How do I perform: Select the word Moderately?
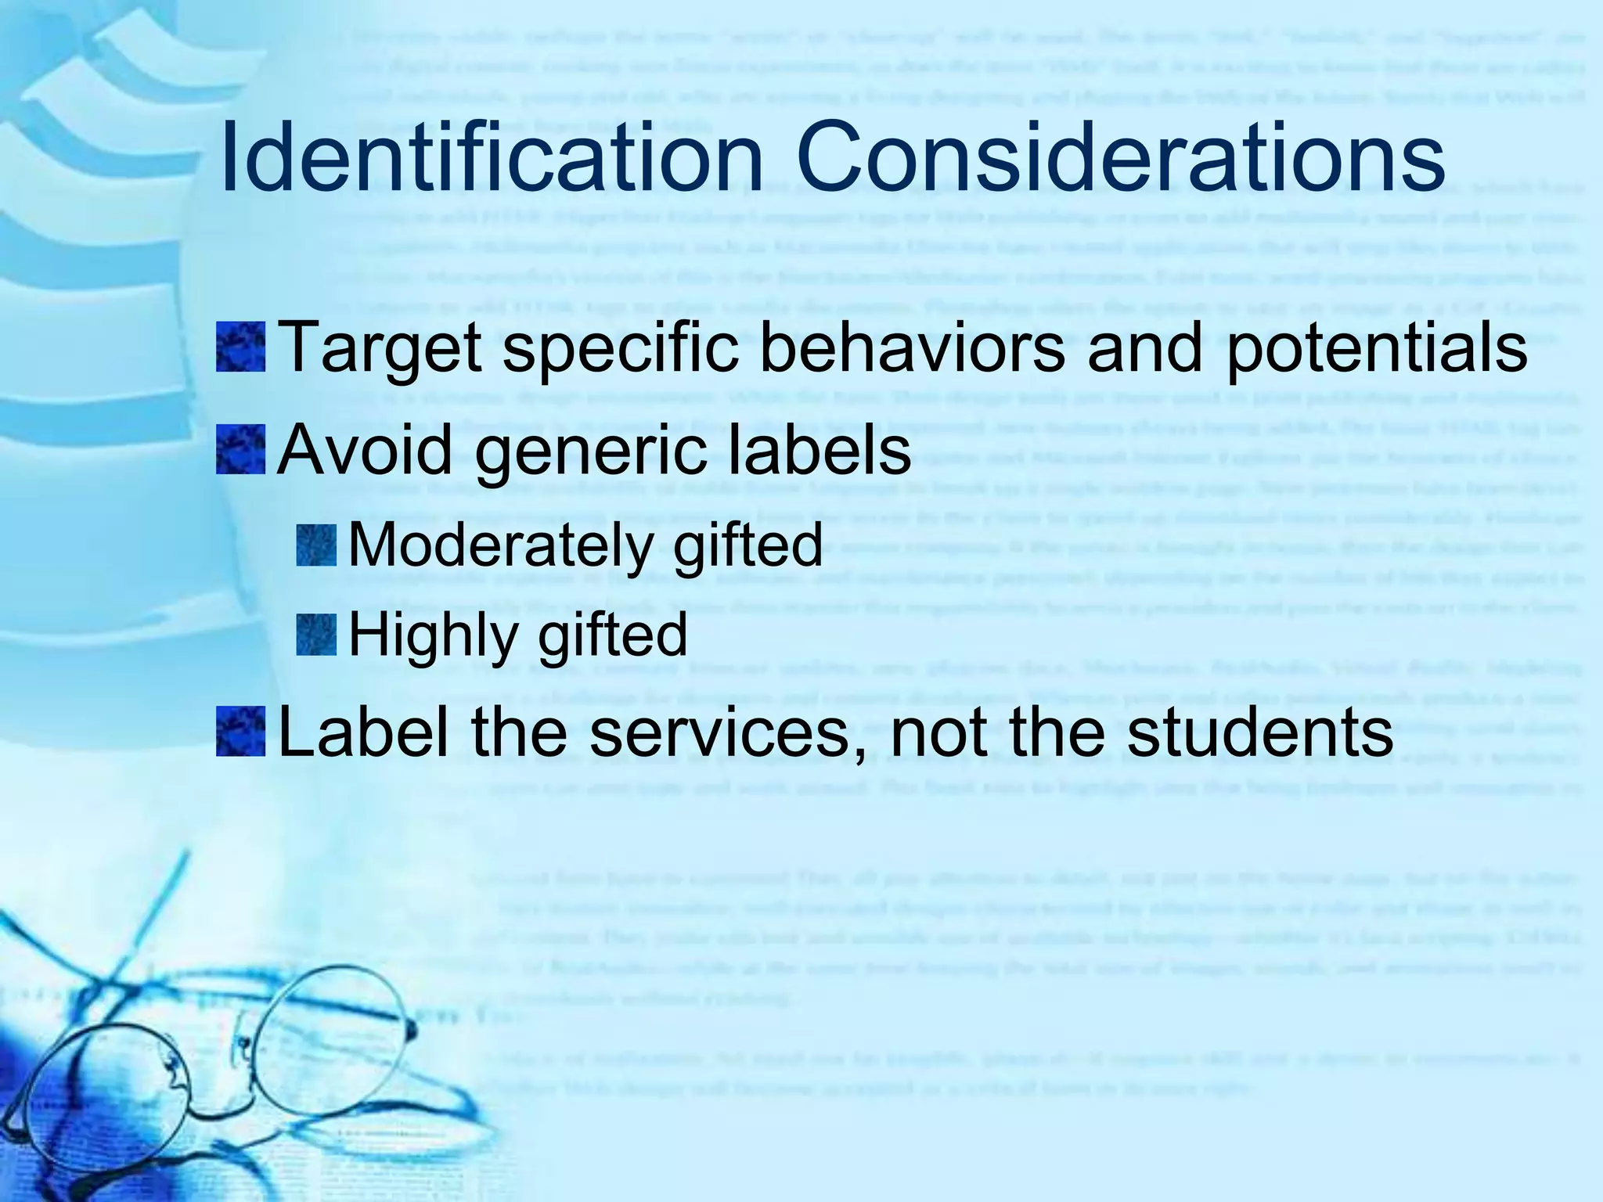pos(499,545)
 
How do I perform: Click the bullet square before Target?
pos(241,348)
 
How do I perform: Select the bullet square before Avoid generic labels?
pos(241,449)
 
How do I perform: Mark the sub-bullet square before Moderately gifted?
pos(318,545)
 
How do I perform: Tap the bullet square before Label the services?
pos(241,731)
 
